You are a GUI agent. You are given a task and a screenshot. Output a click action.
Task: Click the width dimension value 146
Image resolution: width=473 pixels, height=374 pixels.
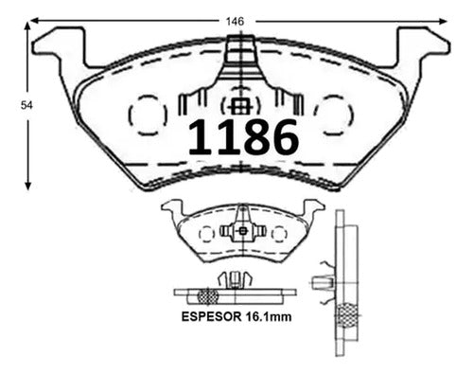[235, 22]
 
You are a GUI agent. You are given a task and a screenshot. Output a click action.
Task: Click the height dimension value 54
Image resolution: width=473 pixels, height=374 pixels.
[26, 105]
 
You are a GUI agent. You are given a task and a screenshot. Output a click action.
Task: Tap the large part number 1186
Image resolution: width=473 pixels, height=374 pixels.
[243, 137]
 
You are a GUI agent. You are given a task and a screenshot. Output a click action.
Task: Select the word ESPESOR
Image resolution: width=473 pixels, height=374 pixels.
[211, 316]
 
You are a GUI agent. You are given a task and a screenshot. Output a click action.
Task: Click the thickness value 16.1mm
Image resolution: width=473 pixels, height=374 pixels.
[268, 316]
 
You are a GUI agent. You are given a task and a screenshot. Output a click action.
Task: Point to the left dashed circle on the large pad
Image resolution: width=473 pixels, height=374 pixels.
[129, 116]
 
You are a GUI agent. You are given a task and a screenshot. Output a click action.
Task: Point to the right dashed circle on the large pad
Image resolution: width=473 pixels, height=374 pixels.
[353, 116]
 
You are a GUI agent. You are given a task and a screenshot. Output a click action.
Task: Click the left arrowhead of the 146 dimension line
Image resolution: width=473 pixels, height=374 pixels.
[33, 21]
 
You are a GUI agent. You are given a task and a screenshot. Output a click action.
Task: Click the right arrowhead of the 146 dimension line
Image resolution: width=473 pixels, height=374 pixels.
[444, 21]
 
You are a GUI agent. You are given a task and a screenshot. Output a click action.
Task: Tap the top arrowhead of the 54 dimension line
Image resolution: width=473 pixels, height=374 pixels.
[28, 26]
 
